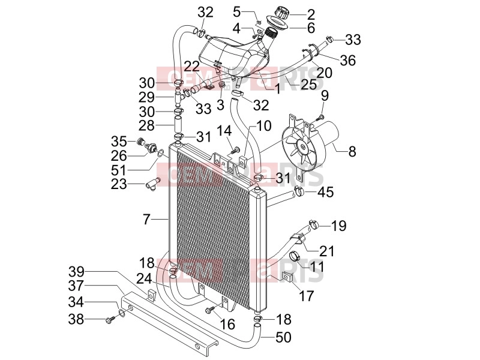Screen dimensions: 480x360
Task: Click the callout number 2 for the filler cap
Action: (x=310, y=14)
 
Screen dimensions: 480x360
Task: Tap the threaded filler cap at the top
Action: (x=281, y=13)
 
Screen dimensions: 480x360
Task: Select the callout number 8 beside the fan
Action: (x=352, y=151)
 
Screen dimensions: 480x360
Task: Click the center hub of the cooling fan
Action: (x=303, y=147)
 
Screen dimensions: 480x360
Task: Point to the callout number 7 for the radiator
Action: (x=146, y=220)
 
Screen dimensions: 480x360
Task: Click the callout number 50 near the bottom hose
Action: (x=283, y=337)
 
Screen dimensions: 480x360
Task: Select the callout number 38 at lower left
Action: (x=76, y=319)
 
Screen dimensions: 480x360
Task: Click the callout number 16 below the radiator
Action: (x=227, y=325)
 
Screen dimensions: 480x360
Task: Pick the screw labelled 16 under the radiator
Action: (x=211, y=311)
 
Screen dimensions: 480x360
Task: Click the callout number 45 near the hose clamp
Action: (x=325, y=192)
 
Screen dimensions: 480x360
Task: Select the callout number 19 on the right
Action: (x=338, y=226)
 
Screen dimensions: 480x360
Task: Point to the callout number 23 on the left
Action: (x=118, y=184)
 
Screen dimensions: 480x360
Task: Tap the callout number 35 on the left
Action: (x=119, y=142)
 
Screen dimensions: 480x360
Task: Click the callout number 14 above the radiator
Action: (x=224, y=131)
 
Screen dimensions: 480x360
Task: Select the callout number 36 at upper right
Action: (x=348, y=61)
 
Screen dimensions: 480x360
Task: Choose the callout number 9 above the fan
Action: (x=325, y=96)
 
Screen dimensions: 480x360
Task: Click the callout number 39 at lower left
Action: (x=76, y=272)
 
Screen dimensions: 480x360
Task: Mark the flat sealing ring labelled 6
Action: (x=277, y=23)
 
